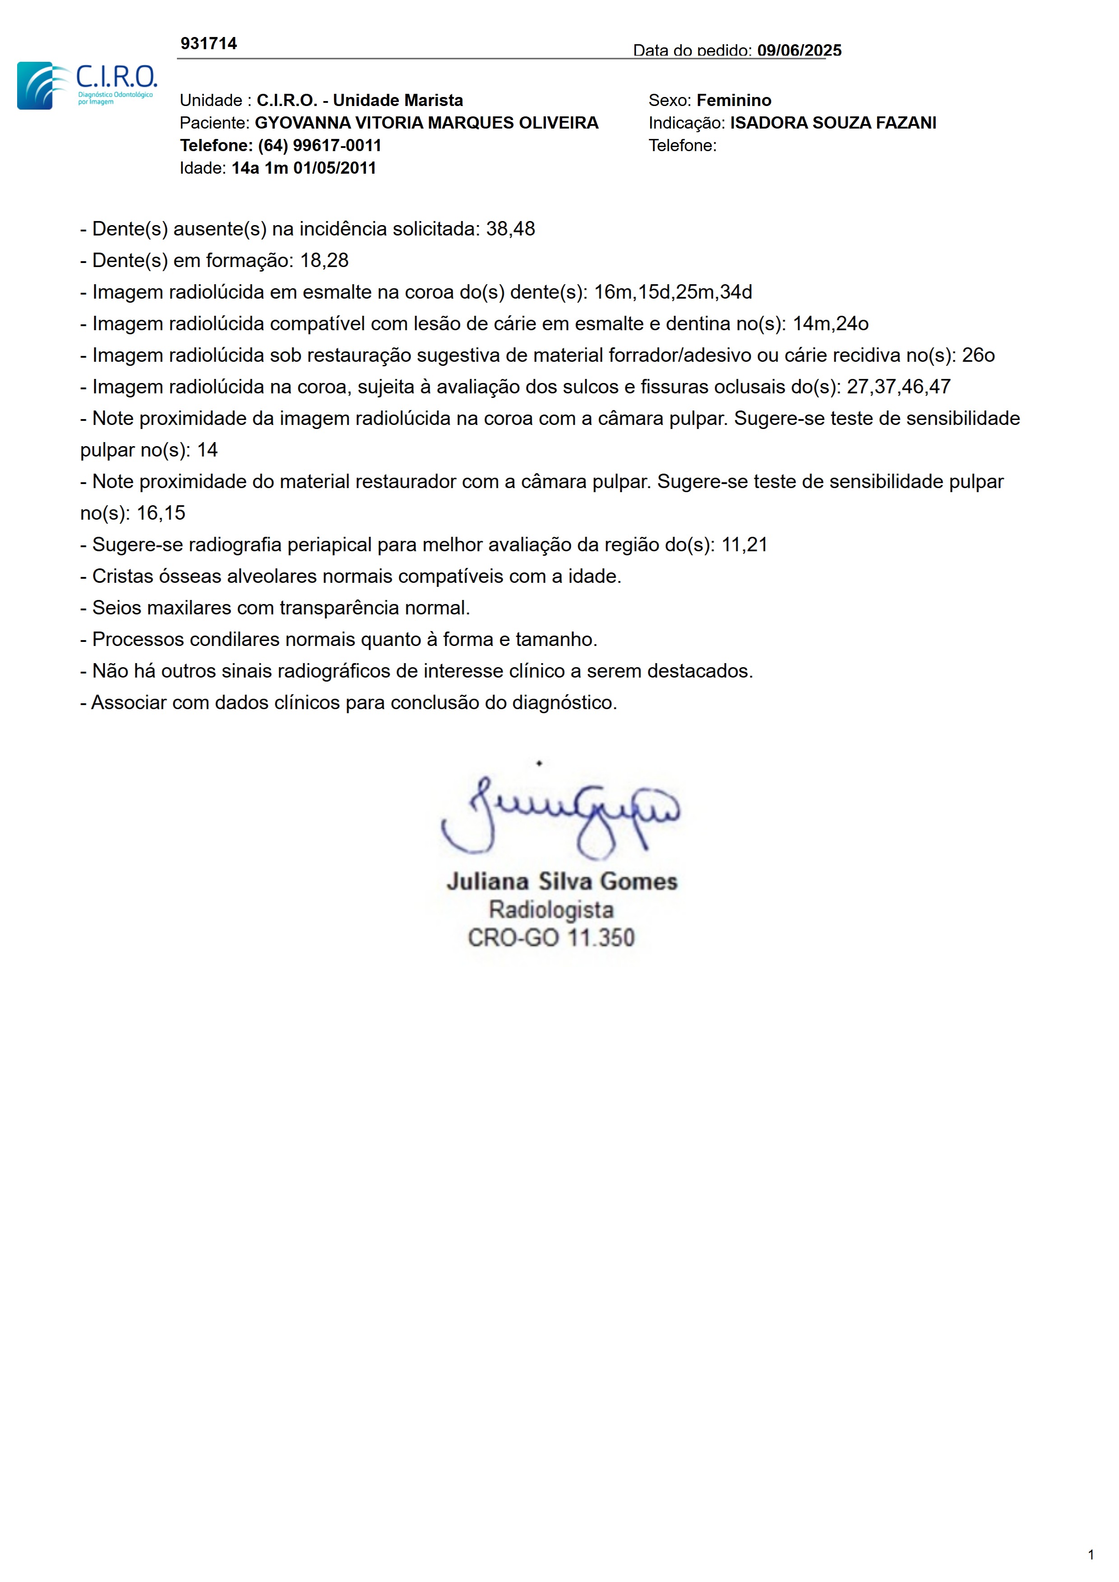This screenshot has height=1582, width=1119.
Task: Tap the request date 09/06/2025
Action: pyautogui.click(x=799, y=51)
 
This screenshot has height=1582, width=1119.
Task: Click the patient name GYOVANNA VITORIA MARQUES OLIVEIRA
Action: pyautogui.click(x=426, y=123)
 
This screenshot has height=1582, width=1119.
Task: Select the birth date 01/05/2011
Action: pyautogui.click(x=334, y=168)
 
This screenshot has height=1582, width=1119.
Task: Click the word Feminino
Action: pyautogui.click(x=733, y=101)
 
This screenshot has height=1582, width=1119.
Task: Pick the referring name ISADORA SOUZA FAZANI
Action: pyautogui.click(x=832, y=123)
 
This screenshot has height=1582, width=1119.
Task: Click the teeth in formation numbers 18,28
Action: pyautogui.click(x=324, y=260)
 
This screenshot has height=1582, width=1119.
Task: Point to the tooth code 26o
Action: pyautogui.click(x=978, y=355)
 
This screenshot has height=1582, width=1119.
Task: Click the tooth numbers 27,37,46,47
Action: pyautogui.click(x=898, y=387)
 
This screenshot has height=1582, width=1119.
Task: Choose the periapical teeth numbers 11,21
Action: pyautogui.click(x=744, y=545)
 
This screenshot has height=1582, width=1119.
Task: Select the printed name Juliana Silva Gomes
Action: pyautogui.click(x=562, y=881)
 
